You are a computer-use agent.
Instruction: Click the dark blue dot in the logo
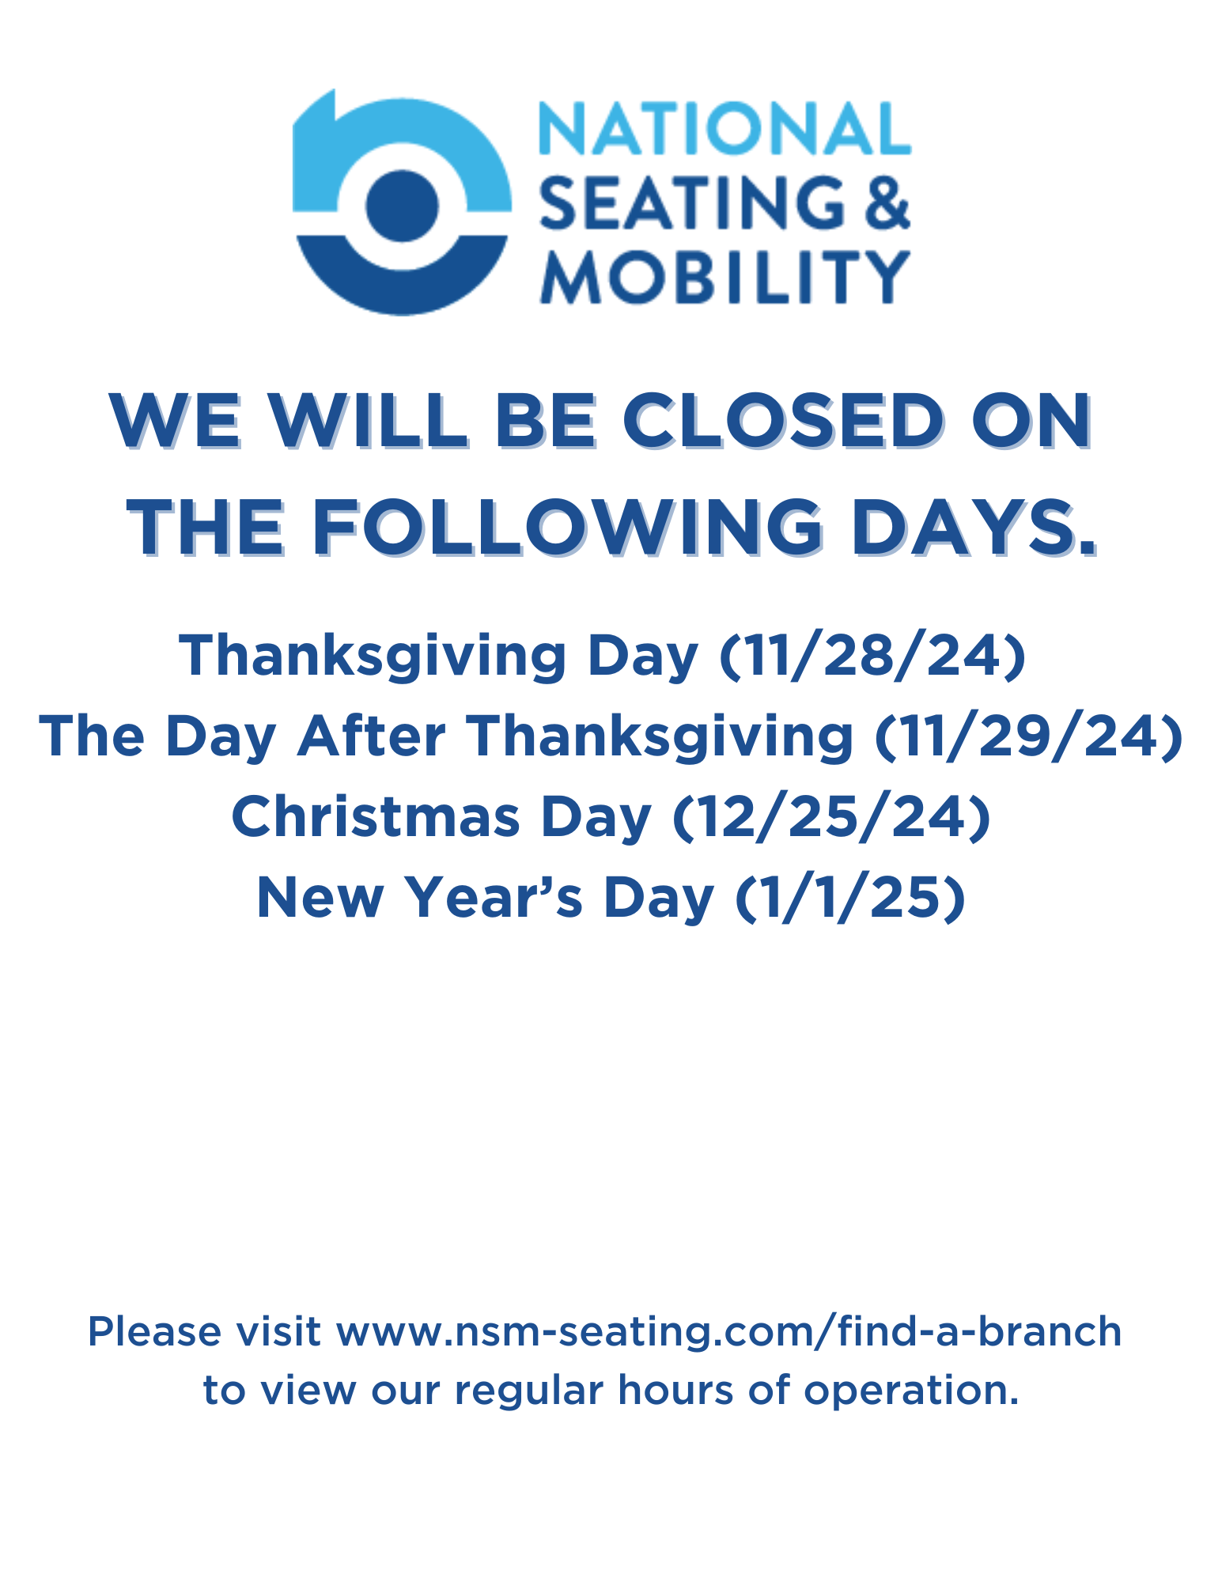[x=403, y=206]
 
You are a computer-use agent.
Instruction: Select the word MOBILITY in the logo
[x=724, y=277]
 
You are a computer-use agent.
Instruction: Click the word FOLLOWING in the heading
[x=566, y=528]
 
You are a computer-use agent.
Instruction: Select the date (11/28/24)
[x=872, y=657]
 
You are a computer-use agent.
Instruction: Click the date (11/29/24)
[x=1029, y=737]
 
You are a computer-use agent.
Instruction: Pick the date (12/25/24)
[x=831, y=818]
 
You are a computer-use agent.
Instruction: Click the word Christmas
[x=376, y=817]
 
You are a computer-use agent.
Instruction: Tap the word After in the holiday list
[x=372, y=736]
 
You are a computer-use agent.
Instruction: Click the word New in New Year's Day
[x=320, y=899]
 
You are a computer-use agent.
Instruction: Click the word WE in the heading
[x=176, y=421]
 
